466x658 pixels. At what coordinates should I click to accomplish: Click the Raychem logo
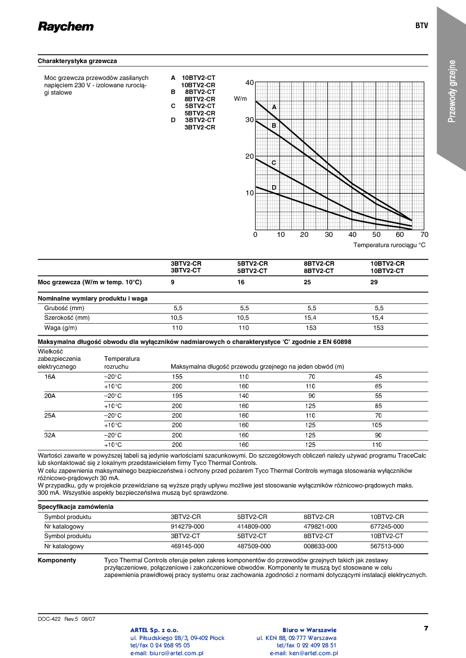click(x=66, y=27)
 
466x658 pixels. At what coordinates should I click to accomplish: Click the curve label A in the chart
click(x=274, y=106)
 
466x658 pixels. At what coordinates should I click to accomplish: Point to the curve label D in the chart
click(x=274, y=187)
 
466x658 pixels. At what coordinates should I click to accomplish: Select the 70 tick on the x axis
click(x=424, y=235)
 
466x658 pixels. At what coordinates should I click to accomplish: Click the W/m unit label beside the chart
click(x=241, y=99)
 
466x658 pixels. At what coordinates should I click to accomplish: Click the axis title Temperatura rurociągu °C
click(x=389, y=245)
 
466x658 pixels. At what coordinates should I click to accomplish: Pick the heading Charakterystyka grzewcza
click(x=77, y=61)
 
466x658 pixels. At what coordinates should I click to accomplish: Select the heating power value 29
click(x=374, y=282)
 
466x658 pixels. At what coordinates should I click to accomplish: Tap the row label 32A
click(x=50, y=435)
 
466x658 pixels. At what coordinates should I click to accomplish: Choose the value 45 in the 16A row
click(x=378, y=377)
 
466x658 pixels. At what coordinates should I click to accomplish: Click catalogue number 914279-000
click(x=187, y=526)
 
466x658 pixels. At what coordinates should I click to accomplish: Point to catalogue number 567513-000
click(x=387, y=546)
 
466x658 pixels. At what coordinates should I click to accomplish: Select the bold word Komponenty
click(x=57, y=561)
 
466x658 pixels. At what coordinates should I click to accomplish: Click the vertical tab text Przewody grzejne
click(x=452, y=91)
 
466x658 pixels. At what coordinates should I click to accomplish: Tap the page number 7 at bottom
click(x=426, y=628)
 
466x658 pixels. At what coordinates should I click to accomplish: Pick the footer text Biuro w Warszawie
click(x=309, y=630)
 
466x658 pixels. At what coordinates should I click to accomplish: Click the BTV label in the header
click(x=421, y=26)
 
